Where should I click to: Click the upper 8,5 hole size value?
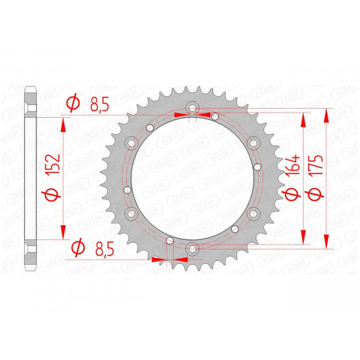tap(97, 105)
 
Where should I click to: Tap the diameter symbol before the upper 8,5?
tap(73, 105)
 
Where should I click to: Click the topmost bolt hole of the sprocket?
tap(193, 109)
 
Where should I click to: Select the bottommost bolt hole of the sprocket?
tap(193, 249)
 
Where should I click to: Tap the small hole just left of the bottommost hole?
tap(170, 241)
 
